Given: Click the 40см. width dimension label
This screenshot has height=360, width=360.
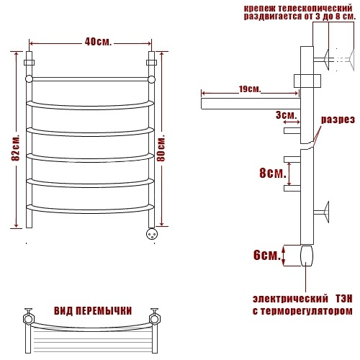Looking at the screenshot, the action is pyautogui.click(x=98, y=42).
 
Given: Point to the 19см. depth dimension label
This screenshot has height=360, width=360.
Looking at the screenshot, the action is pyautogui.click(x=250, y=89).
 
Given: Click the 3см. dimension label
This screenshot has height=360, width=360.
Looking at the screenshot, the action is pyautogui.click(x=287, y=115).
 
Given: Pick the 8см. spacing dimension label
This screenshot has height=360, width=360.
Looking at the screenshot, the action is pyautogui.click(x=273, y=173).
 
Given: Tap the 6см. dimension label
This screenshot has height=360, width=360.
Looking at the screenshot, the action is pyautogui.click(x=267, y=255).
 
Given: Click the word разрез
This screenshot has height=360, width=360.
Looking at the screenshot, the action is pyautogui.click(x=338, y=120).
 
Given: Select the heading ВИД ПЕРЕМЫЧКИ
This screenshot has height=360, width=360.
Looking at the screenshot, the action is pyautogui.click(x=93, y=311).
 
